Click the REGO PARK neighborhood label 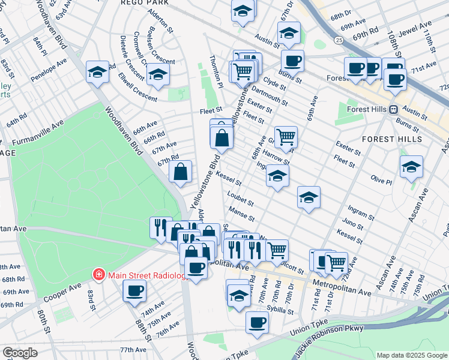(145, 3)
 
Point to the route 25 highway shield (340, 40)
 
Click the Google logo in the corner (20, 353)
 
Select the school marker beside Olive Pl (411, 166)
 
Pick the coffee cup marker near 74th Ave (134, 290)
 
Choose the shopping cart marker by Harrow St (286, 136)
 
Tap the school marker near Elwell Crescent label (158, 74)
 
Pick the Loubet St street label (241, 199)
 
